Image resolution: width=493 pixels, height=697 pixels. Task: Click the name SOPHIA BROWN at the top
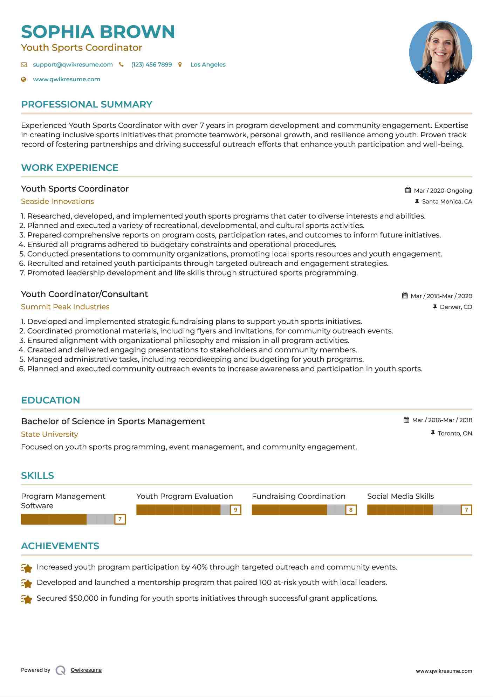(98, 32)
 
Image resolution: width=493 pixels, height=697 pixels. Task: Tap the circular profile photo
(440, 53)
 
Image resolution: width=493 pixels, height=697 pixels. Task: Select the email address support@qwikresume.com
(73, 65)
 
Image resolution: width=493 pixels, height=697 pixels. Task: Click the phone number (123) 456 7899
(151, 65)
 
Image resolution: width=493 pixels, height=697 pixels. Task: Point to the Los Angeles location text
(208, 65)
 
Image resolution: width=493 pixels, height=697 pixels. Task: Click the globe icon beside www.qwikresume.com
(24, 80)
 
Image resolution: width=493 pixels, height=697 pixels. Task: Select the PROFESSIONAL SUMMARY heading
(87, 104)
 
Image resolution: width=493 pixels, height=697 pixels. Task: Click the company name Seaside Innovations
(57, 201)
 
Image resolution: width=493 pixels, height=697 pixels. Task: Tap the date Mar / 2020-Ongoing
(443, 191)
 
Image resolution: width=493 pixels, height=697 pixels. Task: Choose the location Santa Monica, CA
(447, 202)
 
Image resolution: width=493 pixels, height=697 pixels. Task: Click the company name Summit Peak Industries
(65, 307)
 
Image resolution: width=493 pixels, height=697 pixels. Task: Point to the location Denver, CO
(456, 307)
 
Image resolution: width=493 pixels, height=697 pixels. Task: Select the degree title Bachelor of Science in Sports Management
(113, 421)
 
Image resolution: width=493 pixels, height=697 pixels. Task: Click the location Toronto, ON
(455, 434)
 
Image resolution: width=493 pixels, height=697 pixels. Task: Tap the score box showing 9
(235, 510)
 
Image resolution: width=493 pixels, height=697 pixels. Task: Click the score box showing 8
(351, 510)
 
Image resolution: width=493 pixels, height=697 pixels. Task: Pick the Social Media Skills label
(400, 496)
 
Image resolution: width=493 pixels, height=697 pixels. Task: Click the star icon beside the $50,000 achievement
(27, 599)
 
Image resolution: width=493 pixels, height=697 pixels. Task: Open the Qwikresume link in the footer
(86, 670)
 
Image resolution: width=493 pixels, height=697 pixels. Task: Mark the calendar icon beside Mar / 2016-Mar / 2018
(406, 420)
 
